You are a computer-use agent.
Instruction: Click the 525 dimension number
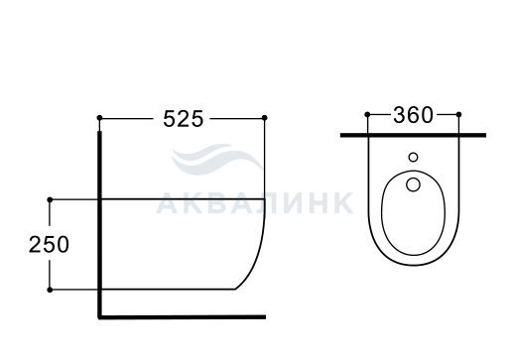[184, 119]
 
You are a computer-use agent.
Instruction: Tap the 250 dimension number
[49, 245]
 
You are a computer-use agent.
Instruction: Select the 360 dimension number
[413, 115]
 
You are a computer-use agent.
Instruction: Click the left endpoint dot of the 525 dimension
[99, 118]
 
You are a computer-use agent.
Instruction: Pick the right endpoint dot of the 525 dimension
[264, 118]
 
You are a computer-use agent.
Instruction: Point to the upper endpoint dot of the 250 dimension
[50, 199]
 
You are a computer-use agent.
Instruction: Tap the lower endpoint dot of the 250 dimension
[50, 290]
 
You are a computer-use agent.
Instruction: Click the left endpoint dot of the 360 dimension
[367, 114]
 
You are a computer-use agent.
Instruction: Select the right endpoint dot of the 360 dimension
[458, 114]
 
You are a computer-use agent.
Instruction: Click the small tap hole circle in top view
[413, 157]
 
